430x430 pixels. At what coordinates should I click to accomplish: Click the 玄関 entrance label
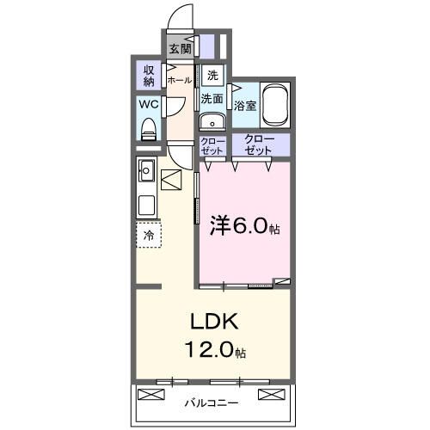[x=181, y=48]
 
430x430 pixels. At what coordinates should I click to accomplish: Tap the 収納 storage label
[x=148, y=77]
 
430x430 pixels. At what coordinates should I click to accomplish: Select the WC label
[x=148, y=106]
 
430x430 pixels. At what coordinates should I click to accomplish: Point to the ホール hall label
[x=180, y=80]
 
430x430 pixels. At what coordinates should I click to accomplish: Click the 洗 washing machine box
[x=212, y=74]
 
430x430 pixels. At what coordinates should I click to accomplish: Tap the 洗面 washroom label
[x=212, y=99]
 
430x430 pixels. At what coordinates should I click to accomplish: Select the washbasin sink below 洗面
[x=212, y=121]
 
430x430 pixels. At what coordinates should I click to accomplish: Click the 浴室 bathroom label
[x=245, y=106]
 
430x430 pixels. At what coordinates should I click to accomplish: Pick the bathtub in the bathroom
[x=276, y=103]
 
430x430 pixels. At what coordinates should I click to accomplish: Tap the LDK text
[x=213, y=322]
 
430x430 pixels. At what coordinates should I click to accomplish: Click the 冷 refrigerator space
[x=149, y=235]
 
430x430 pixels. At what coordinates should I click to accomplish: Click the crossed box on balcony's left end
[x=150, y=395]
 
